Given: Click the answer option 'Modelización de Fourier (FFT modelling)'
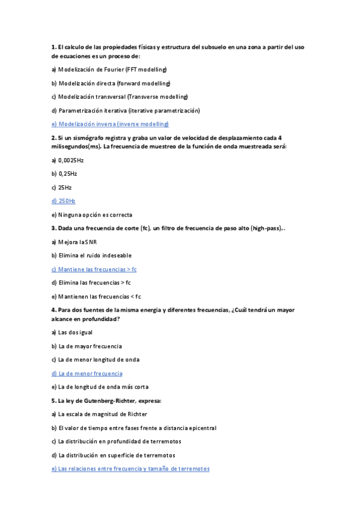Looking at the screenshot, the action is tap(109, 69).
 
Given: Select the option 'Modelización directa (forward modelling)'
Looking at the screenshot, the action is tap(111, 83).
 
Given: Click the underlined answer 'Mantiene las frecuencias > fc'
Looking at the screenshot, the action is tap(94, 269).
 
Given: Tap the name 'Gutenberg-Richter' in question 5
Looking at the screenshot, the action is tap(109, 401).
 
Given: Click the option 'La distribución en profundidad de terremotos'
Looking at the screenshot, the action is tap(114, 441).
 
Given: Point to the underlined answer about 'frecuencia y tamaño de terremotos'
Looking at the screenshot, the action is tap(130, 469).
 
